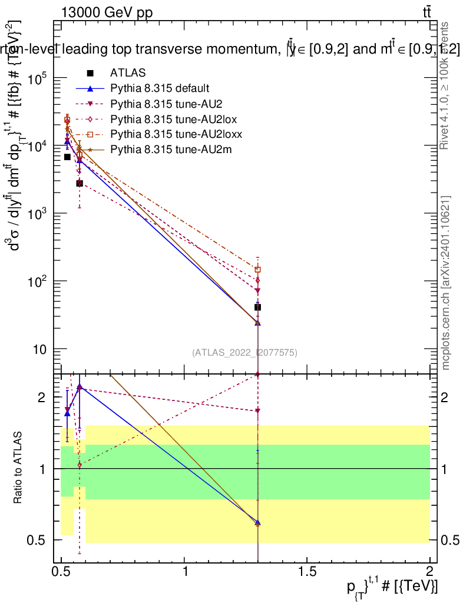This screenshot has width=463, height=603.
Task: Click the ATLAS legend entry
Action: point(128,73)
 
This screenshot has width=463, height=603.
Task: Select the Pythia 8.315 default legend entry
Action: point(159,88)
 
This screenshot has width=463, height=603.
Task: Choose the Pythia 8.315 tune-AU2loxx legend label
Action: point(171,134)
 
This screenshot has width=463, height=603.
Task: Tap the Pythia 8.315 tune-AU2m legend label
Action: point(167,150)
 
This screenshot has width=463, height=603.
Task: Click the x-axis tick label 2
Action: point(430,572)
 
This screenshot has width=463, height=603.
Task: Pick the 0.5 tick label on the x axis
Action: point(61,572)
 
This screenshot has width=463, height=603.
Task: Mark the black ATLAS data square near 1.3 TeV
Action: point(257,307)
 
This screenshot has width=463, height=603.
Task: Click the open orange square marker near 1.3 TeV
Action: point(257,270)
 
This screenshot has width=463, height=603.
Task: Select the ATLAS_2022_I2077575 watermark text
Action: point(244,353)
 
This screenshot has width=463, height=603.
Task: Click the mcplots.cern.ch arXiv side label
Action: point(446,283)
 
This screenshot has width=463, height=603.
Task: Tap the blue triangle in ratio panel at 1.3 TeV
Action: point(257,522)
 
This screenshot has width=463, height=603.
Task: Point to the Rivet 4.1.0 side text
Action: point(446,85)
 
